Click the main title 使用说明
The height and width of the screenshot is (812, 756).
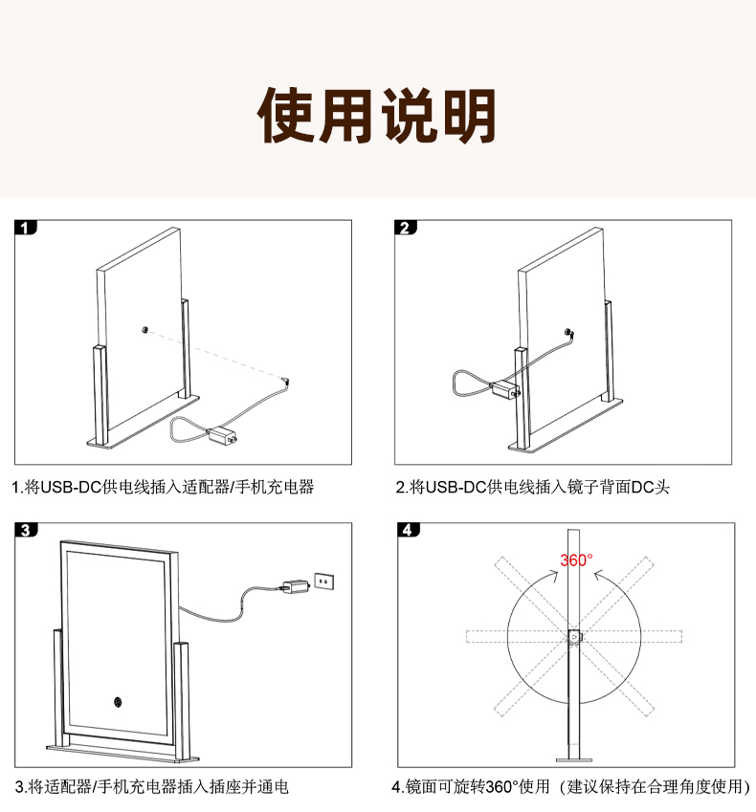[x=377, y=116]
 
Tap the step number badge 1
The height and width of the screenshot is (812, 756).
[x=26, y=228]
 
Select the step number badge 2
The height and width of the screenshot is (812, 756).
[x=406, y=228]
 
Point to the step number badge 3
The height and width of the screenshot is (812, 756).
[x=26, y=530]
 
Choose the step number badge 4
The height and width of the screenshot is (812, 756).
[x=409, y=530]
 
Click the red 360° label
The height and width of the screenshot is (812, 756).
[x=576, y=560]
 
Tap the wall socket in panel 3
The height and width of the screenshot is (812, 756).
[x=324, y=582]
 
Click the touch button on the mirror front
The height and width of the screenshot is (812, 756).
[x=118, y=702]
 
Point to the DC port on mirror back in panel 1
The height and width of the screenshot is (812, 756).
[x=145, y=330]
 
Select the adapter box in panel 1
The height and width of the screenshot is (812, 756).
[x=222, y=435]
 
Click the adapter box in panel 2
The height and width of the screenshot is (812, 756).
[x=505, y=390]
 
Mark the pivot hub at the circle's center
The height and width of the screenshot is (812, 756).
[x=574, y=636]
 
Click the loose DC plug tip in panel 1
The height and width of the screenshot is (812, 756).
[x=286, y=383]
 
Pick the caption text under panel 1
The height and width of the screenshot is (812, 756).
[x=164, y=487]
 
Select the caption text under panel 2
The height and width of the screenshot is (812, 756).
[x=533, y=487]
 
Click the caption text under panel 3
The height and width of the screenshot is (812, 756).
[x=152, y=786]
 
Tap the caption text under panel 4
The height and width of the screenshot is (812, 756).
[x=571, y=786]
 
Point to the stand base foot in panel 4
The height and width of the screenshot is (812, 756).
[x=574, y=760]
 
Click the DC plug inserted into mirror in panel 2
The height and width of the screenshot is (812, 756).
[x=569, y=333]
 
